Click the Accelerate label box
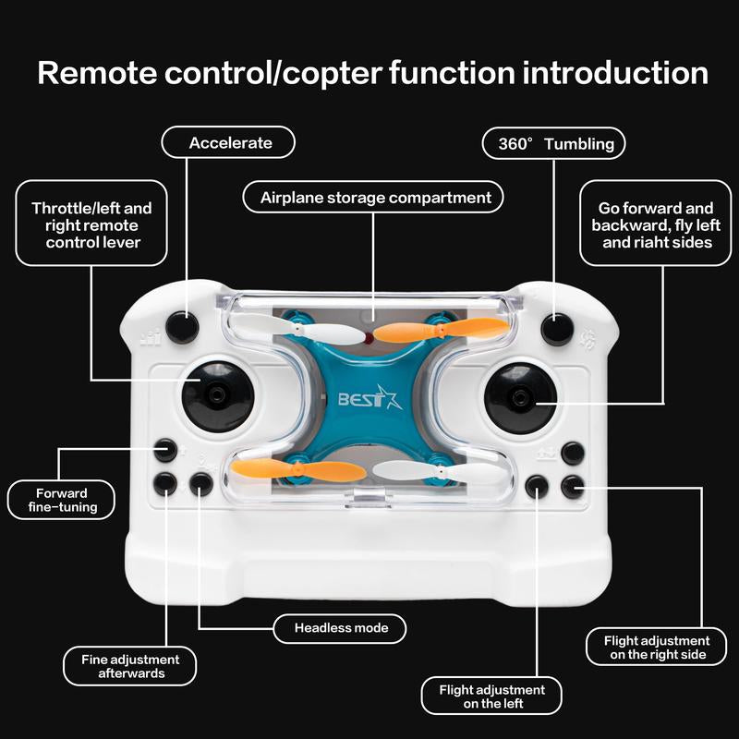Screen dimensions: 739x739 tap(229, 143)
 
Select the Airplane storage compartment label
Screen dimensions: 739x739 tap(374, 198)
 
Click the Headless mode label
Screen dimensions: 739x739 tap(341, 629)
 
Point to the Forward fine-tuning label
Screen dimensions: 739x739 tap(62, 500)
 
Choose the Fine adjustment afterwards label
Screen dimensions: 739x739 tap(129, 666)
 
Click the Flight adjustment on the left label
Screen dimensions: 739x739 tap(491, 697)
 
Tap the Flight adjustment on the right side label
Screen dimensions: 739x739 tap(656, 647)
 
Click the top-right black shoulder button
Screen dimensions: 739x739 tap(557, 327)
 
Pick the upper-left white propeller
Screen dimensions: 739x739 tap(286, 331)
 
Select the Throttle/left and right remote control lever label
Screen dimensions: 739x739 tap(91, 226)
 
